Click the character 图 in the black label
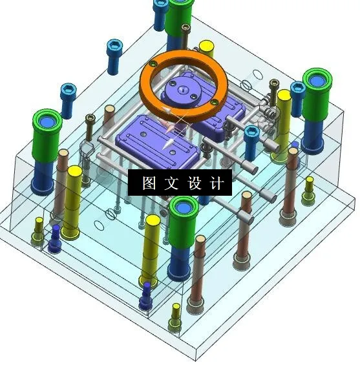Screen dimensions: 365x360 148,183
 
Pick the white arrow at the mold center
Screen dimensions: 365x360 170,137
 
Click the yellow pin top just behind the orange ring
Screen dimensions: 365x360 206,47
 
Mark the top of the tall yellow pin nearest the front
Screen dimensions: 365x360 153,221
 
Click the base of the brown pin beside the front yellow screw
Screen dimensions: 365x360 195,298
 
